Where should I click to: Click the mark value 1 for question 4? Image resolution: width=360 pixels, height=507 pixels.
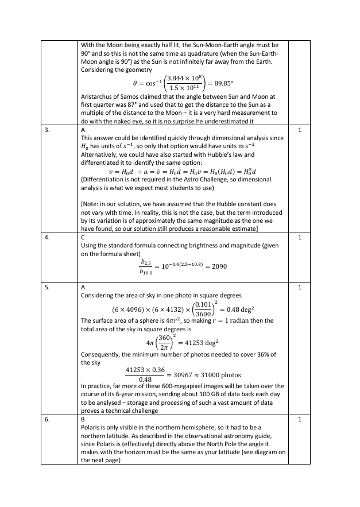[x=300, y=236]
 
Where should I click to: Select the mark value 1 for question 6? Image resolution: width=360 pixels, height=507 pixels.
[x=300, y=420]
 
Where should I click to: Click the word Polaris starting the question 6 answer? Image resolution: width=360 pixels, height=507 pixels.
[x=90, y=428]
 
